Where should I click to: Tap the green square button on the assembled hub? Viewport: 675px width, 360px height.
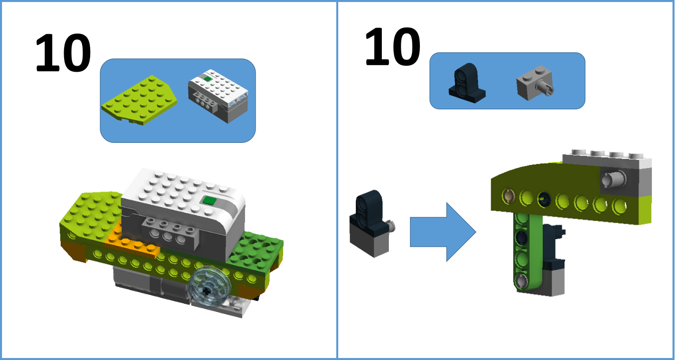[x=209, y=201]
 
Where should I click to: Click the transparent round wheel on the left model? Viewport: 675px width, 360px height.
[x=208, y=284]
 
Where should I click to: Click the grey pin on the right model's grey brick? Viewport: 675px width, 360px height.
[x=614, y=178]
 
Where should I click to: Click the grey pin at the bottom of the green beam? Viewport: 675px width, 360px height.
[x=522, y=281]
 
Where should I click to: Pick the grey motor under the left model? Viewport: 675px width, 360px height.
[x=150, y=283]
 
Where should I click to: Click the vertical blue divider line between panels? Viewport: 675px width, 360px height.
[x=337, y=180]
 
